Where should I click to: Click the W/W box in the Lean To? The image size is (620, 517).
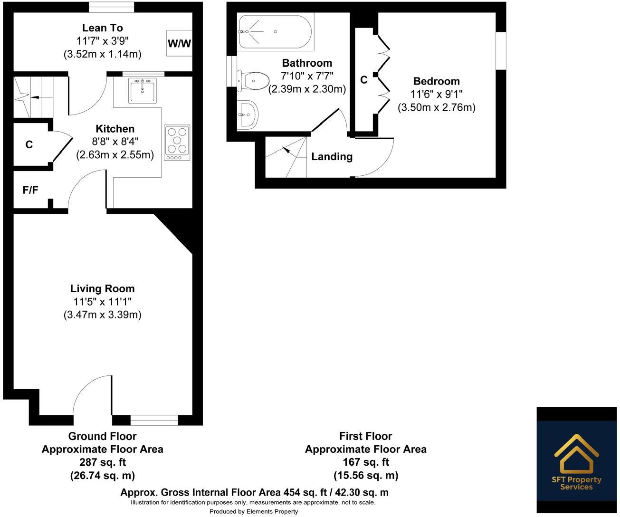pos(179,43)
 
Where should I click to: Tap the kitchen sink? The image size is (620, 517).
pos(142,91)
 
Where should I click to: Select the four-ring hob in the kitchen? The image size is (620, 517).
pos(177,142)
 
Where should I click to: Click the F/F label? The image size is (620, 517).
pos(30,190)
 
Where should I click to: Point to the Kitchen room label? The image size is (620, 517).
pos(115,129)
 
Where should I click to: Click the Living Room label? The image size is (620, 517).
pos(102,288)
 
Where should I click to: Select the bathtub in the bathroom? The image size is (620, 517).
pos(275,32)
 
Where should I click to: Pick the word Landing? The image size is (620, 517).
pos(332,156)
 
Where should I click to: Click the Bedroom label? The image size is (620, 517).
pos(436,81)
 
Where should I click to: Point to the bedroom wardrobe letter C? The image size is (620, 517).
pos(364,80)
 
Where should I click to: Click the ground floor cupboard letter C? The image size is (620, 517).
pos(29,144)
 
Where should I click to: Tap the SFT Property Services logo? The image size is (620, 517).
pos(577,460)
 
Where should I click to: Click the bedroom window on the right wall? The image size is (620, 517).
pos(501,51)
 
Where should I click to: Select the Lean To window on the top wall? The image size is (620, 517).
pos(112,7)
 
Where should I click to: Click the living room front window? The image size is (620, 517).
pos(154,420)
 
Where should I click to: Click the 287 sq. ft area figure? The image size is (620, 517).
pos(102,462)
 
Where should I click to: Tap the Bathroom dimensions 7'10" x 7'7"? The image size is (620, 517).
pos(307,76)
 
